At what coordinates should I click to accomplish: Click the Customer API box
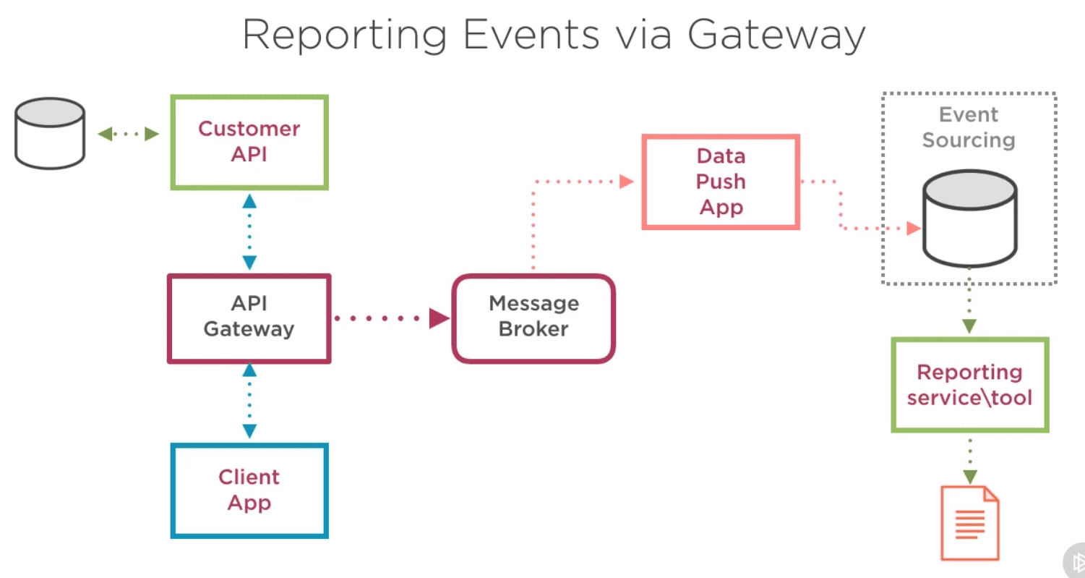pyautogui.click(x=249, y=142)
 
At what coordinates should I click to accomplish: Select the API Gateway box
pyautogui.click(x=249, y=318)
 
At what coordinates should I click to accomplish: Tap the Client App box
pyautogui.click(x=249, y=490)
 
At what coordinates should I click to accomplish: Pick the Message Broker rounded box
pyautogui.click(x=533, y=318)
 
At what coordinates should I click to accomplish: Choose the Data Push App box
pyautogui.click(x=721, y=182)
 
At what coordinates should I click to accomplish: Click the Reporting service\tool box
pyautogui.click(x=970, y=385)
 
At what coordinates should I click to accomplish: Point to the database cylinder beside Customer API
pyautogui.click(x=50, y=133)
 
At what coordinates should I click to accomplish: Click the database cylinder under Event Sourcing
pyautogui.click(x=970, y=218)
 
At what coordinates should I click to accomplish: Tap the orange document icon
pyautogui.click(x=970, y=523)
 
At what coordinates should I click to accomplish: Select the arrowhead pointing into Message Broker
pyautogui.click(x=439, y=318)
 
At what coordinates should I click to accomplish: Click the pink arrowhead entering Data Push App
pyautogui.click(x=626, y=182)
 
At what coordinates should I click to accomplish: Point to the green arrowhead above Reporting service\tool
pyautogui.click(x=969, y=326)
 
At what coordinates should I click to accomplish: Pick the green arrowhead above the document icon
pyautogui.click(x=970, y=477)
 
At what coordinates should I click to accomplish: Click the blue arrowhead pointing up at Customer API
pyautogui.click(x=249, y=201)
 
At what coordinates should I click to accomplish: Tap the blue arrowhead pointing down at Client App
pyautogui.click(x=249, y=431)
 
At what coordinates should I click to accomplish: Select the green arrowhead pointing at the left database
pyautogui.click(x=105, y=133)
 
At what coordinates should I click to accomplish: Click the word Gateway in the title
pyautogui.click(x=776, y=35)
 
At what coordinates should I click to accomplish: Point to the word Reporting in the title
pyautogui.click(x=345, y=35)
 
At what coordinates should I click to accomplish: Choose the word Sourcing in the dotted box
pyautogui.click(x=969, y=140)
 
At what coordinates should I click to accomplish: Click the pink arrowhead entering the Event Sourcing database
pyautogui.click(x=914, y=228)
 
